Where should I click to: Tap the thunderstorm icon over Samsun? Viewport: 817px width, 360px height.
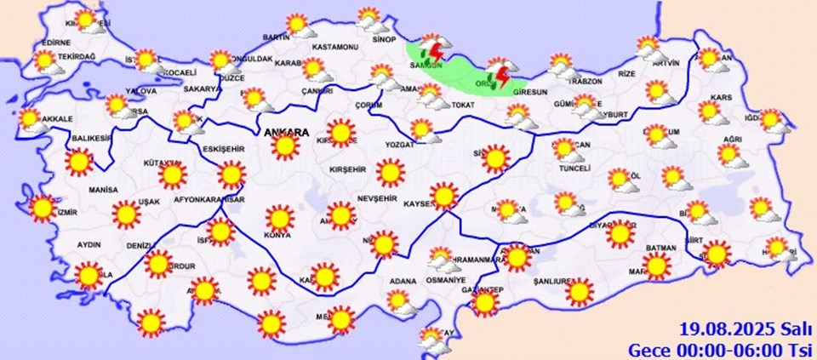click(x=435, y=52)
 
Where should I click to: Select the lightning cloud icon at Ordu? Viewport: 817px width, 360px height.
click(x=501, y=73)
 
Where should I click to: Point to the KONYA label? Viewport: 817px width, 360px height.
click(x=277, y=235)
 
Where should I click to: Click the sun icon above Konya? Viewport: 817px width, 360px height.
click(x=277, y=216)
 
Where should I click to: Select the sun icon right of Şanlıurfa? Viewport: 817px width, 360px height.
click(x=580, y=291)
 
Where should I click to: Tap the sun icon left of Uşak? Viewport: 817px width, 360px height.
click(x=127, y=214)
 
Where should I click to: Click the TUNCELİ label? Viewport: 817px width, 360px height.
click(x=574, y=169)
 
